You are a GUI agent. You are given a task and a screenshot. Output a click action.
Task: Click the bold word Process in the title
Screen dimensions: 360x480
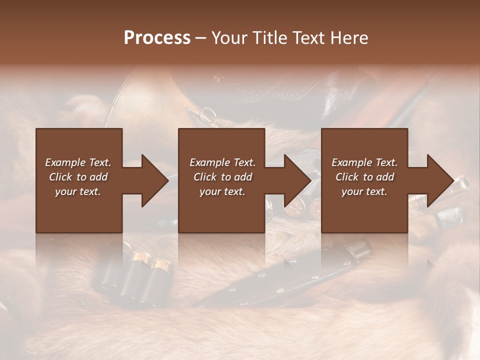157,38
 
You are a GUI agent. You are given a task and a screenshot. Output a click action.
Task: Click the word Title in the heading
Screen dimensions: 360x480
270,38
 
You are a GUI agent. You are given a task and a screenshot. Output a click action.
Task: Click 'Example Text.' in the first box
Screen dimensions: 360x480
78,162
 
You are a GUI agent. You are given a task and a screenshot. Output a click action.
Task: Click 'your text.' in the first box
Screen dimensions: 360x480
78,191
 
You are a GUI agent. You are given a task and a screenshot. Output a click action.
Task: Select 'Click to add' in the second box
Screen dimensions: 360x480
222,177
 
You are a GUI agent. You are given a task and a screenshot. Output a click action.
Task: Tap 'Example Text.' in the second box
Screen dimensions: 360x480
222,162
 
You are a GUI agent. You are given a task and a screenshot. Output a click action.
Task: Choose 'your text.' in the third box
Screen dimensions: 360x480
364,191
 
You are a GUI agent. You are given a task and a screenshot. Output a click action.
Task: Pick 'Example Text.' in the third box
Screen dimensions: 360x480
364,162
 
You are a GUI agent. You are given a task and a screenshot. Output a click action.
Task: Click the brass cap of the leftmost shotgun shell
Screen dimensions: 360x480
140,257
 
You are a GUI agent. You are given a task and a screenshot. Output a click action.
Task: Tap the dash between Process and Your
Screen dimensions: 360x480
201,38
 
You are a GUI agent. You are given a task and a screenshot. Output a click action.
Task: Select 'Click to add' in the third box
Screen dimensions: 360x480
364,177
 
